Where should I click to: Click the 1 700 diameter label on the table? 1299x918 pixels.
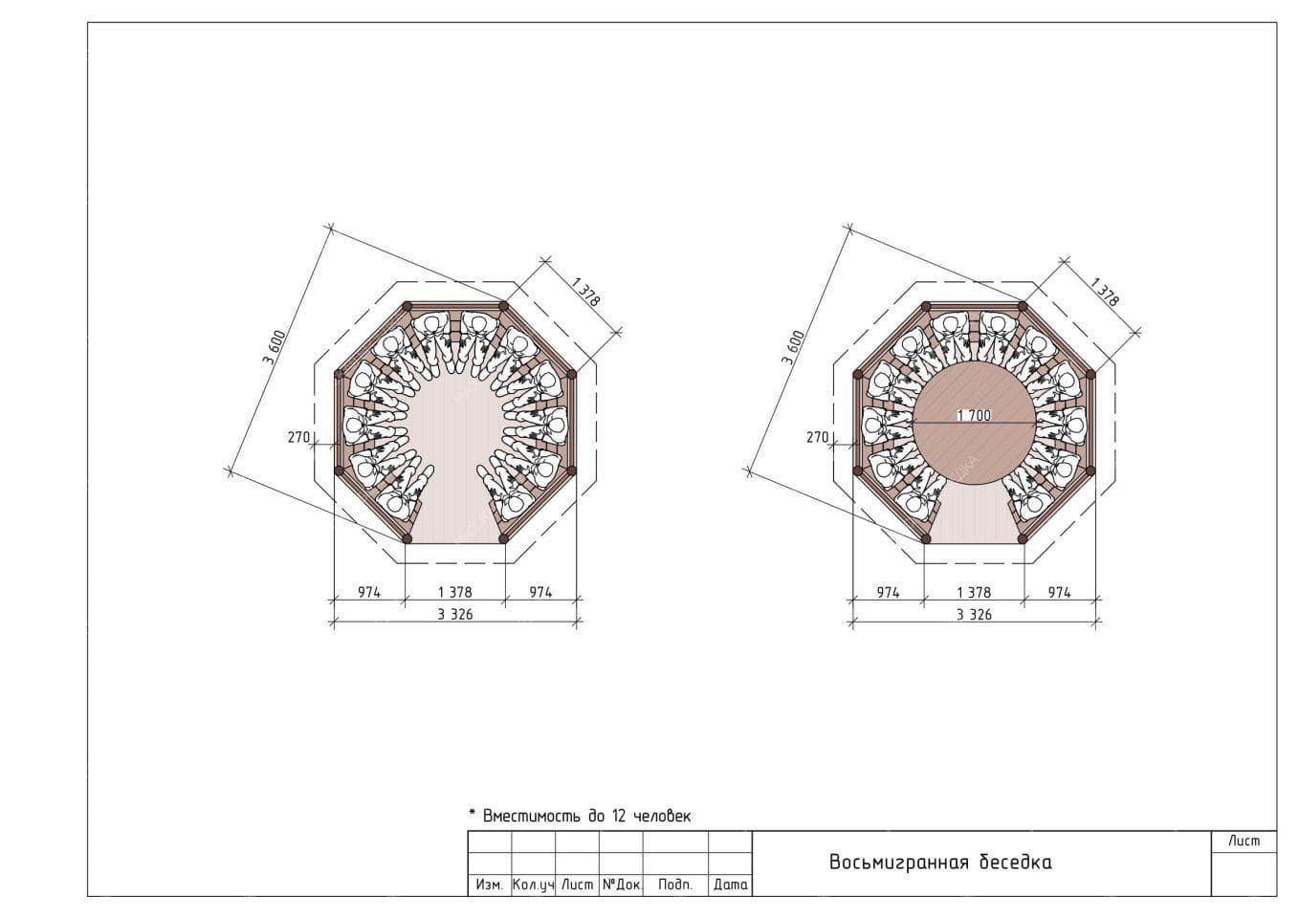point(974,415)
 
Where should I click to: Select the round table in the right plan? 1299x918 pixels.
point(974,424)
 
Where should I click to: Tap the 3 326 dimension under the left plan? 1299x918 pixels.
point(454,614)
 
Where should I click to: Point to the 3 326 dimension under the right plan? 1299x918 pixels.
point(974,614)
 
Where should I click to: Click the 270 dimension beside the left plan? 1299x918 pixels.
point(298,437)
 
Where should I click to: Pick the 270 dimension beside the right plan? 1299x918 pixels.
point(817,437)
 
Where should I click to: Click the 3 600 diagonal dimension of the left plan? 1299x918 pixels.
point(274,346)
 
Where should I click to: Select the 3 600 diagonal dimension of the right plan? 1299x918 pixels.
point(793,346)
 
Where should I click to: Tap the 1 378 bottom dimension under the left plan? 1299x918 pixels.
point(454,592)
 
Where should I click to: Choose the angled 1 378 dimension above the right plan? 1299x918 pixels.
point(1105,292)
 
